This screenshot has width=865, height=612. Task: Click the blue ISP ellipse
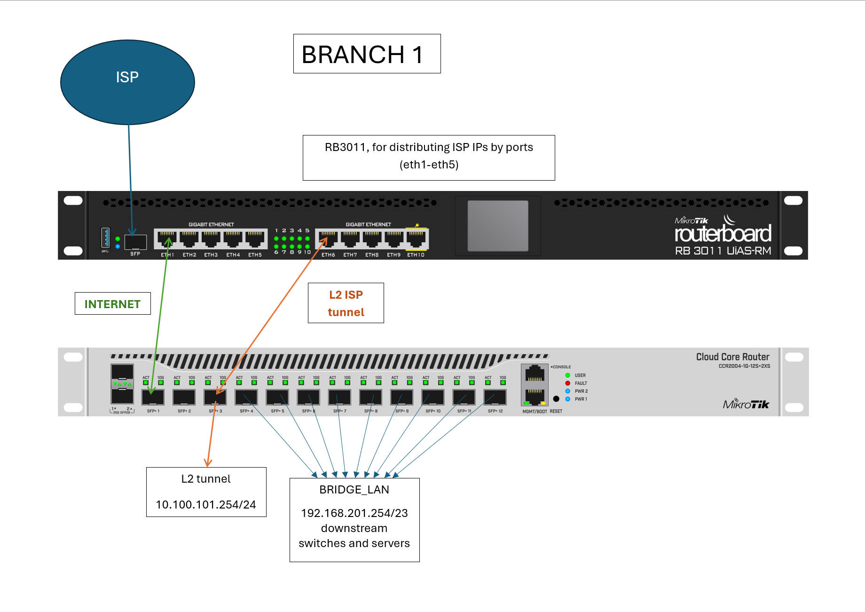click(x=127, y=82)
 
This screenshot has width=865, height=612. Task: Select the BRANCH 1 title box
click(x=367, y=54)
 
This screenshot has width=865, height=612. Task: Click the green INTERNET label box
click(x=112, y=304)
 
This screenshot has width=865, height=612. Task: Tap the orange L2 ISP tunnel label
click(x=346, y=303)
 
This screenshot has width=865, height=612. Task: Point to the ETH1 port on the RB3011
click(x=167, y=239)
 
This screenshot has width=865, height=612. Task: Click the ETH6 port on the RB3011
click(x=328, y=239)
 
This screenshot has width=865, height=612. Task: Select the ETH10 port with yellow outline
click(x=416, y=239)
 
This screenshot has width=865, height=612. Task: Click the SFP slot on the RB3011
click(x=135, y=242)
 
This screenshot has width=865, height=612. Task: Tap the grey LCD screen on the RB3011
click(x=498, y=225)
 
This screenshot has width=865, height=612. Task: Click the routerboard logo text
click(x=723, y=234)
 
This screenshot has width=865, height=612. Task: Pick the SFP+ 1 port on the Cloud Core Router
click(x=153, y=397)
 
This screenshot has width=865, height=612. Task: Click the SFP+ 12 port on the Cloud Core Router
click(x=495, y=397)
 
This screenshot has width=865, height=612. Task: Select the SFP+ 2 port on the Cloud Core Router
click(x=184, y=397)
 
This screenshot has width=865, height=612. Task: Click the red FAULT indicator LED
click(x=567, y=383)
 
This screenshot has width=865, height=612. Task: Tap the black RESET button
click(x=556, y=399)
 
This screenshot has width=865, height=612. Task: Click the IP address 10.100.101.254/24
click(x=206, y=505)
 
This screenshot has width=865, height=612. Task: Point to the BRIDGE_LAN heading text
click(x=354, y=490)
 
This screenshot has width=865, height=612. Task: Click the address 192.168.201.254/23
click(x=354, y=513)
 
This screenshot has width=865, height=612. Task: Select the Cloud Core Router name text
click(x=732, y=357)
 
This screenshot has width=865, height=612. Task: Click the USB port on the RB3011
click(x=105, y=238)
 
